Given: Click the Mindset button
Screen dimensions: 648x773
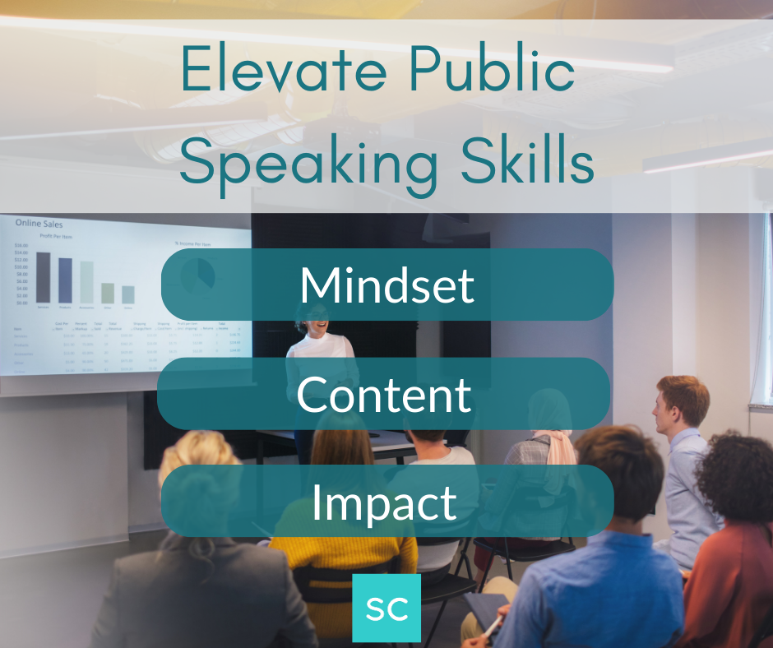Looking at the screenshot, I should coord(387,285).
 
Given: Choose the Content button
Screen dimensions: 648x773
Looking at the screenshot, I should coord(384,394).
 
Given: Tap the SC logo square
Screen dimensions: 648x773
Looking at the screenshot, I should coord(386,608).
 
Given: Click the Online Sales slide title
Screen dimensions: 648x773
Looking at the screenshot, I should coord(39,224).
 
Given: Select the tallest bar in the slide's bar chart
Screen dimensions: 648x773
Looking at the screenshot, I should coord(43,277).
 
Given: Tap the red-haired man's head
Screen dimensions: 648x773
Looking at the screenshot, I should coord(682,399).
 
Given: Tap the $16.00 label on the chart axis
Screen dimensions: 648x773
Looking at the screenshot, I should coord(21,245).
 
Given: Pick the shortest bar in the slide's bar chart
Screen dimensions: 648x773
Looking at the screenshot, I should coord(128,294).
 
